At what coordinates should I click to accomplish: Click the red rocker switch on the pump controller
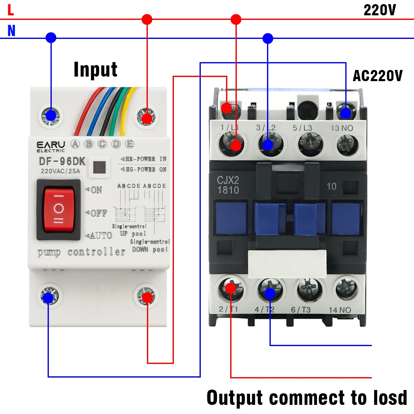58,209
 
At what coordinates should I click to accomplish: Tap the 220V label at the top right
379,10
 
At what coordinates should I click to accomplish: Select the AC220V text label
377,76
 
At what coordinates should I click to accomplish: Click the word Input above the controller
95,70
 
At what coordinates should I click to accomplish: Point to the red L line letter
11,10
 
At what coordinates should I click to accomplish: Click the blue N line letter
11,31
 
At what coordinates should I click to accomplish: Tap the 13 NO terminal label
342,128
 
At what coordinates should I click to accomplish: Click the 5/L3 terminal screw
308,144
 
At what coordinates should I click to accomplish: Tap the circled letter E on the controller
130,144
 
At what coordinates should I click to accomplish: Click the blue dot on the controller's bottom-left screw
48,297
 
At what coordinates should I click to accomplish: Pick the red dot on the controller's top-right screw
147,118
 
